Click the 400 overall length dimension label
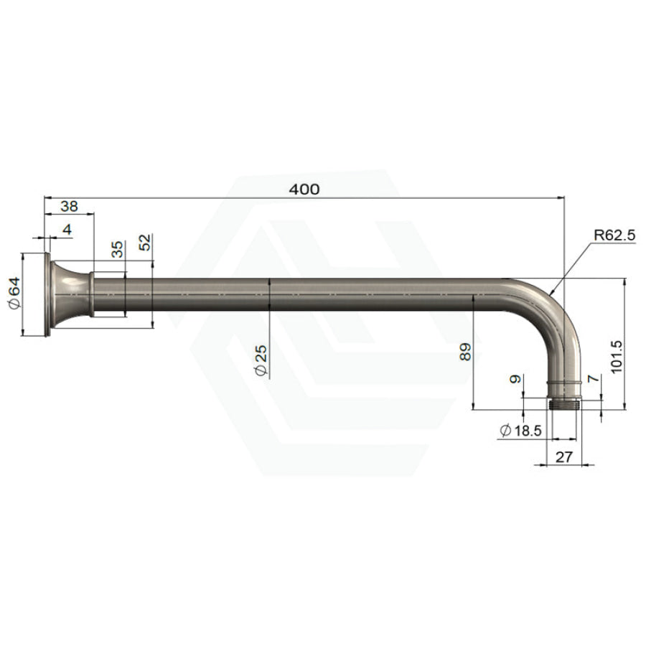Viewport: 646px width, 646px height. (x=304, y=189)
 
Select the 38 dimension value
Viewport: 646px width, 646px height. (x=69, y=206)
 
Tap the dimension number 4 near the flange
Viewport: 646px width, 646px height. (x=67, y=229)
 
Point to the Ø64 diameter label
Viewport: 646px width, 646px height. (x=14, y=292)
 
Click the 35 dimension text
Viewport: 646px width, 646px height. (x=118, y=249)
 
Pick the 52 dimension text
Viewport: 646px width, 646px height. (x=145, y=243)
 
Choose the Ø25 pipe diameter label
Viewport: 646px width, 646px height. (x=261, y=360)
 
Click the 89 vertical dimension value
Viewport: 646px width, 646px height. (x=465, y=352)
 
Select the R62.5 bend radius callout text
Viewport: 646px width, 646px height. (x=614, y=235)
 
